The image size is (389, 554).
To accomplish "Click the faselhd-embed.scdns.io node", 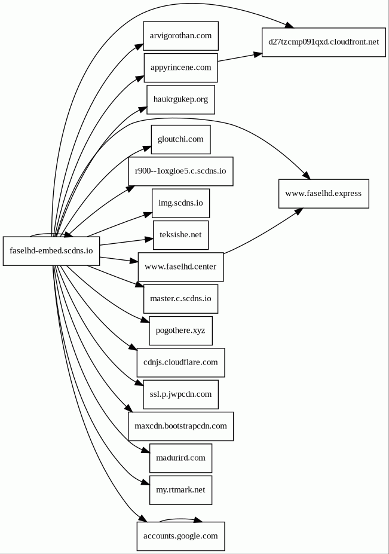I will pos(51,251).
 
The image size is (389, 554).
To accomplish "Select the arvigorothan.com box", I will pos(180,36).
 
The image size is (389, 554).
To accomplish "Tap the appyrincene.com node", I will pos(180,68).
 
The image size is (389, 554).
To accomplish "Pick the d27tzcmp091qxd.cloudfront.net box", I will pos(323,42).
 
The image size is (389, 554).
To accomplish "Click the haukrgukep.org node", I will pos(180,99).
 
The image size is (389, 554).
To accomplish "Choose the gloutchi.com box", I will pos(180,139).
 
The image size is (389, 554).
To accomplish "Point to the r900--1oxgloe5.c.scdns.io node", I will pos(180,171).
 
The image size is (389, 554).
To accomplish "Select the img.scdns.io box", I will pos(180,203).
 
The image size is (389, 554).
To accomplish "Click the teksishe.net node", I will pos(180,235).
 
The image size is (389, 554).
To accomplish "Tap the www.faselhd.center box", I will pos(180,267).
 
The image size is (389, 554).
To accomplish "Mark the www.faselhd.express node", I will pos(323,194).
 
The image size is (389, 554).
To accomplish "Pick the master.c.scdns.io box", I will pos(180,299).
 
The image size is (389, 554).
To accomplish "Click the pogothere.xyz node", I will pos(180,330).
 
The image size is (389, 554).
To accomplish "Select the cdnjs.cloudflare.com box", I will pos(180,362).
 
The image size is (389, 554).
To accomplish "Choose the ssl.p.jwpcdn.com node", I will pos(180,394).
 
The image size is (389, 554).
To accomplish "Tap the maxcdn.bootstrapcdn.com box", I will pos(180,426).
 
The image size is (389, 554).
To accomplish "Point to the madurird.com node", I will pos(180,458).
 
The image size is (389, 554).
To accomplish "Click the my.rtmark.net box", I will pos(180,490).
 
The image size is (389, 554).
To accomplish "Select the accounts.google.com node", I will pos(180,536).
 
